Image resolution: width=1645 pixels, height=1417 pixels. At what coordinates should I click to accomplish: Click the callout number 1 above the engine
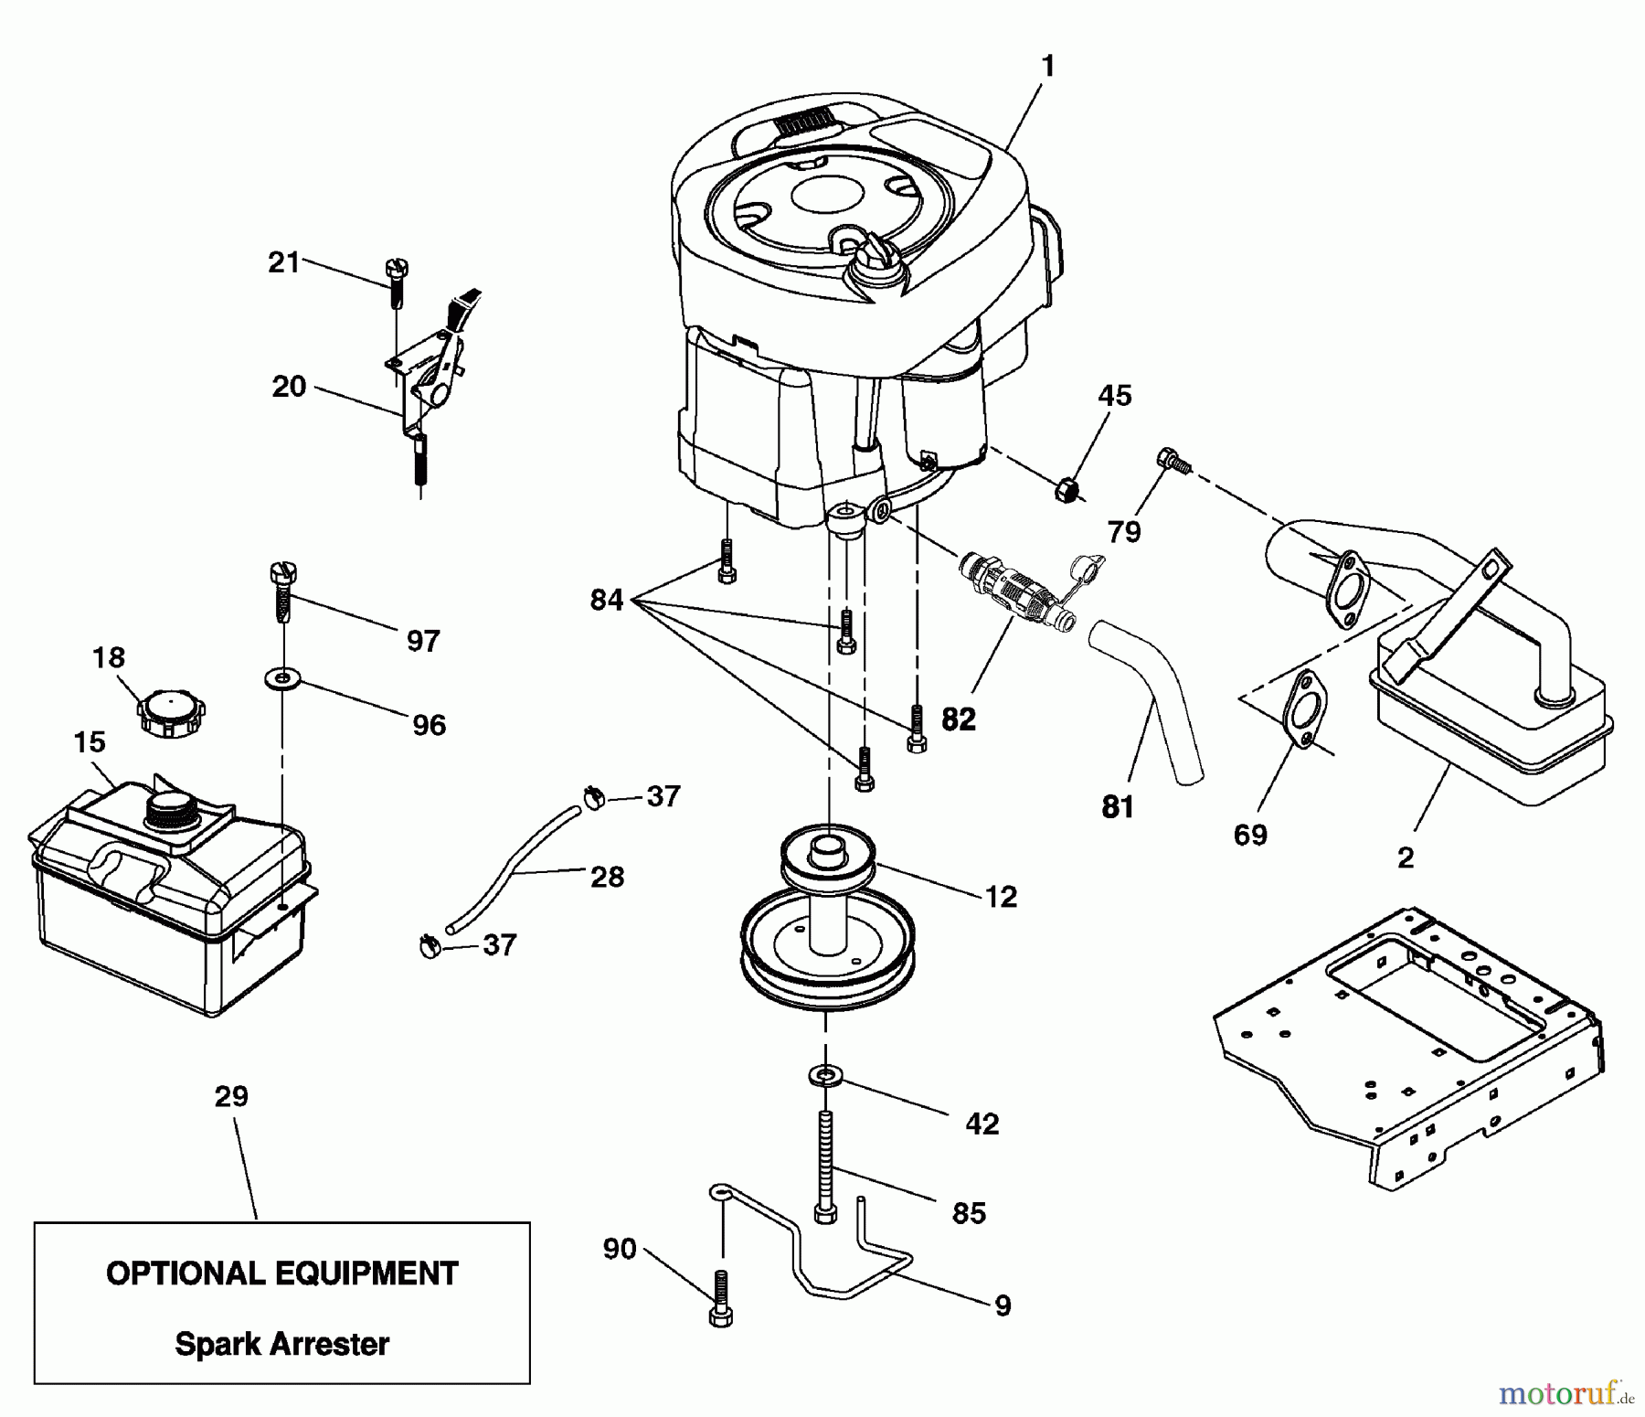(1048, 66)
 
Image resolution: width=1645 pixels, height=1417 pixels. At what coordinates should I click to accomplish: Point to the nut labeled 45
(1067, 490)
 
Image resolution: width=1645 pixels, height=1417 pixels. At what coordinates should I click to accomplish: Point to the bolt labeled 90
(721, 1297)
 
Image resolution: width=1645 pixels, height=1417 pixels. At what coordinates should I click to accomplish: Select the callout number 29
(231, 1096)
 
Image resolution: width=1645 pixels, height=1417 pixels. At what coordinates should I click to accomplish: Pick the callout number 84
(607, 600)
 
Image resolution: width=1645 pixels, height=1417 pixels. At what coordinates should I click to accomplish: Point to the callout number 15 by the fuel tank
(90, 742)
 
